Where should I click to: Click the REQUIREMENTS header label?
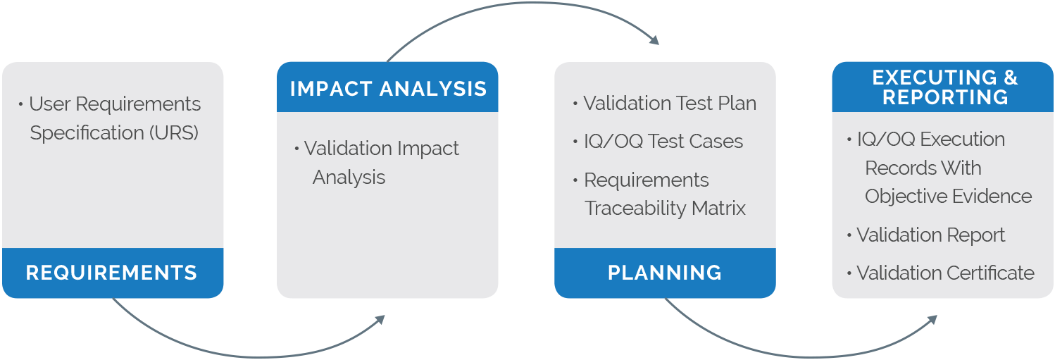tap(111, 273)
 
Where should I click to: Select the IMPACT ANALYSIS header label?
tap(388, 89)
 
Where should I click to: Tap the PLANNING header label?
tap(665, 273)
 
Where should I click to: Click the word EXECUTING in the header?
tap(935, 77)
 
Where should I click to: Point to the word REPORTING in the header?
tap(945, 97)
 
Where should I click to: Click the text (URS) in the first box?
tap(174, 133)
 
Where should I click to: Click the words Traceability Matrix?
tap(665, 209)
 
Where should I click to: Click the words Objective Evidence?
tap(949, 197)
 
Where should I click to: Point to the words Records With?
tap(923, 168)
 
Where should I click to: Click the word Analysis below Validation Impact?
tap(349, 178)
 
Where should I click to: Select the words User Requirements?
tap(115, 104)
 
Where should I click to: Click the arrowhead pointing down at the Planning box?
tap(654, 40)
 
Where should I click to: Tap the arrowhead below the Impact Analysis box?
tap(380, 320)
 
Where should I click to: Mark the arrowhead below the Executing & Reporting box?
tap(932, 320)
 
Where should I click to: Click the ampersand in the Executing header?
tap(1011, 77)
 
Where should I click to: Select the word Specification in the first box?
tap(87, 133)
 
